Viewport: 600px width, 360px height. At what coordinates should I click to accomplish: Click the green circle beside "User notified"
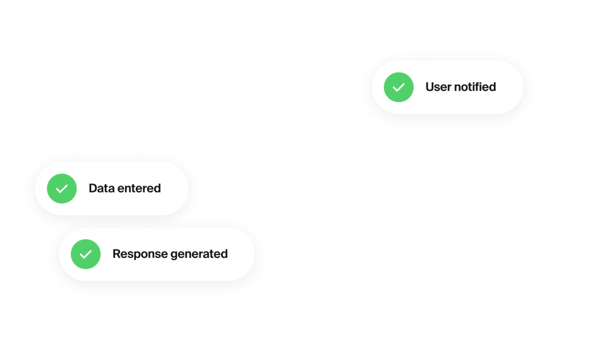tap(398, 87)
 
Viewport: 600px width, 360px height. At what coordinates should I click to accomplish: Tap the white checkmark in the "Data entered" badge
tap(61, 189)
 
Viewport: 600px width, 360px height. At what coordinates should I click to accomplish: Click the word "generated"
tap(199, 254)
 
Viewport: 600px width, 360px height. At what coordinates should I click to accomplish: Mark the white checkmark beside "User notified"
tap(398, 87)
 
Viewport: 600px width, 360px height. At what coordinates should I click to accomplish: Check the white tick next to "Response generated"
tap(85, 254)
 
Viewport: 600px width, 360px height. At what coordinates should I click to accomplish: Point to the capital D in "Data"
tap(92, 188)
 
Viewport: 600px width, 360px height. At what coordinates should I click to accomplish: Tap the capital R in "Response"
tap(116, 254)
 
